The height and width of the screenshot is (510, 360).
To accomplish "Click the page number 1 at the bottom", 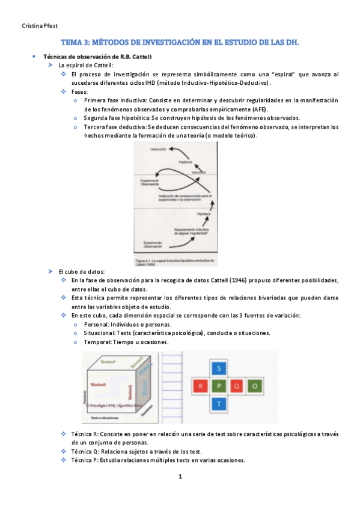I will click(180, 477).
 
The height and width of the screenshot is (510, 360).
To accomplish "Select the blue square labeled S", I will click(219, 367).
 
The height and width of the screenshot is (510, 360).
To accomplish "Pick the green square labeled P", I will click(219, 386).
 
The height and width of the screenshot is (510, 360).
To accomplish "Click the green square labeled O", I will click(255, 386).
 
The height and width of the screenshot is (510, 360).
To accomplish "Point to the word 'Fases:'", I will click(79, 91).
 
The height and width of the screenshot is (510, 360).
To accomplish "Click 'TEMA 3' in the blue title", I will click(76, 43).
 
